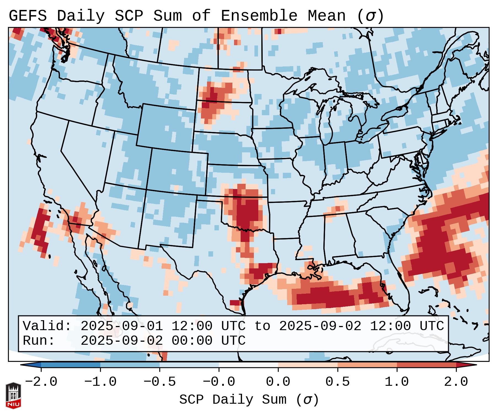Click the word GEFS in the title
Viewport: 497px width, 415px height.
coord(28,16)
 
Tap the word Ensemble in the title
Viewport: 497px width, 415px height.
coord(259,16)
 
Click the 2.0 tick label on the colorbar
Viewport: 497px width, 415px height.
coord(456,382)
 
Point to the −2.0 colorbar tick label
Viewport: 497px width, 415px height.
coord(41,382)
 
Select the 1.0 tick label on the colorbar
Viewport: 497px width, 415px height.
coord(397,382)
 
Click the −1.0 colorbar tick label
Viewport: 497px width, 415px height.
coord(100,382)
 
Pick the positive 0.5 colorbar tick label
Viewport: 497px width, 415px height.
coord(337,382)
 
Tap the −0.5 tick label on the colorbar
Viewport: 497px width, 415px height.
coord(160,382)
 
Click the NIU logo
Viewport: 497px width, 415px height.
coord(13,395)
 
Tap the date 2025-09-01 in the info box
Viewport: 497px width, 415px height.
coord(121,326)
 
